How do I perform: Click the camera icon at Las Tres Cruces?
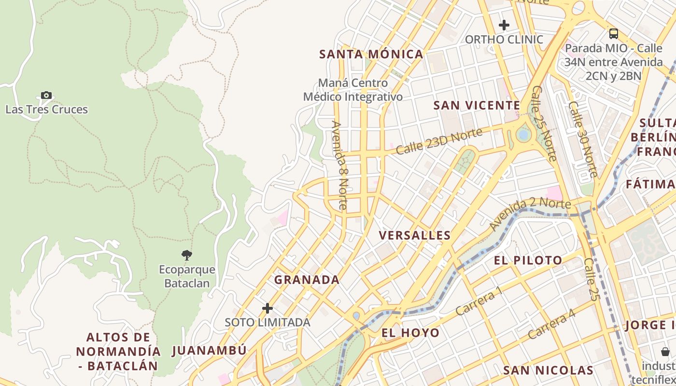click(x=46, y=96)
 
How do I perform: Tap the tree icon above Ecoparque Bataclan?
click(x=187, y=255)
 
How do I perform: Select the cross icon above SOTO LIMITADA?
click(x=268, y=308)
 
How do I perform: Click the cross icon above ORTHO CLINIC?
click(x=504, y=25)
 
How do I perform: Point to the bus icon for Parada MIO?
click(x=613, y=34)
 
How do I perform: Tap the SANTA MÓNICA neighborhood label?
click(x=371, y=55)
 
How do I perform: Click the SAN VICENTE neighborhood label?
click(x=477, y=105)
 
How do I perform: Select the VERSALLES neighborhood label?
click(x=415, y=235)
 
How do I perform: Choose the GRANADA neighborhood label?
click(x=307, y=280)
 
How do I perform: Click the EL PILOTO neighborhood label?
click(x=528, y=261)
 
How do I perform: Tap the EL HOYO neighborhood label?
click(x=410, y=333)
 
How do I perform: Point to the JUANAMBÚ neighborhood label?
click(x=209, y=351)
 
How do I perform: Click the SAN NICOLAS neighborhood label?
click(x=548, y=371)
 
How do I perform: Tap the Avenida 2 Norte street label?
click(x=530, y=213)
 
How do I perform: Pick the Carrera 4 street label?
click(x=551, y=324)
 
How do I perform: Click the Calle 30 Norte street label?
click(x=583, y=139)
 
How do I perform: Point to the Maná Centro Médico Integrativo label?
click(x=353, y=90)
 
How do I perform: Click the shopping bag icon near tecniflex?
click(x=665, y=352)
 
